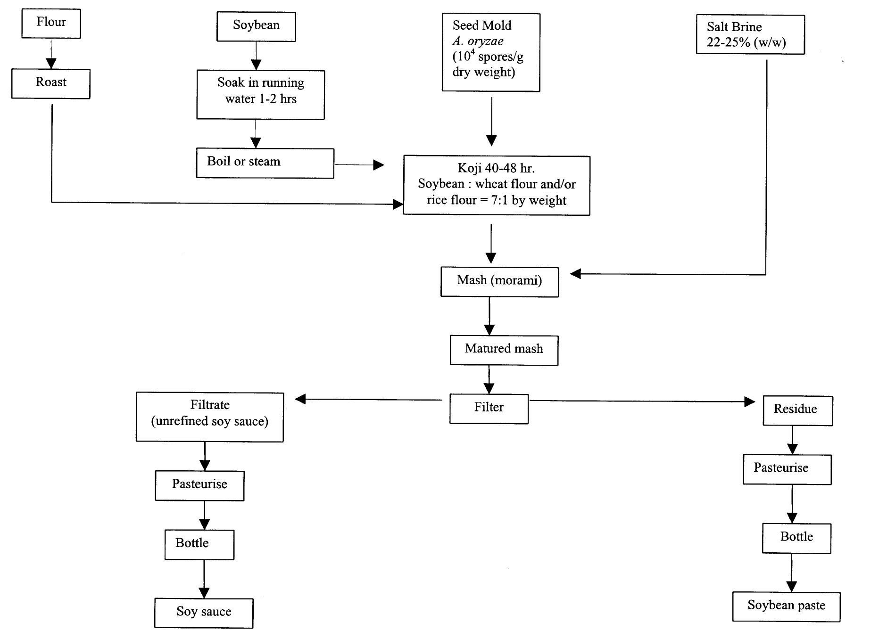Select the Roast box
pos(51,83)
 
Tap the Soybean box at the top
pos(256,27)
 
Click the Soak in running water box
pos(260,95)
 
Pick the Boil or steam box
pos(265,163)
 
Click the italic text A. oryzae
pos(478,41)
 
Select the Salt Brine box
pos(750,34)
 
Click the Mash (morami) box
pos(499,282)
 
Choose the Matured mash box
pos(504,350)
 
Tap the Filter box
pos(489,409)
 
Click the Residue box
pos(797,410)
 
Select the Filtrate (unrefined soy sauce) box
pos(209,417)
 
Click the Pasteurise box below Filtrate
pos(199,485)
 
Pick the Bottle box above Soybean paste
pos(796,538)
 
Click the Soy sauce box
pos(204,613)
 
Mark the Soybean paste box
pos(786,606)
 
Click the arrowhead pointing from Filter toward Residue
pos(749,401)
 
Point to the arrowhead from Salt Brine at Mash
pos(575,274)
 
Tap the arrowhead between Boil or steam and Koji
pos(378,165)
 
